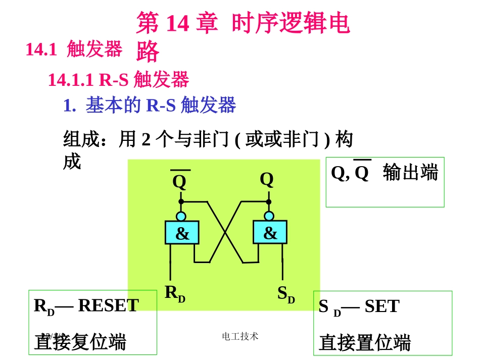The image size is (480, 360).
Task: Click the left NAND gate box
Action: point(182,233)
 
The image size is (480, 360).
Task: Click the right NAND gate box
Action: point(270,232)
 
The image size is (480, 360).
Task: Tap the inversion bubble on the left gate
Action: point(181,216)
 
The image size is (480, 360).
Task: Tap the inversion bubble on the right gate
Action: point(269,216)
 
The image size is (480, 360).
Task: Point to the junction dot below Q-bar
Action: point(181,201)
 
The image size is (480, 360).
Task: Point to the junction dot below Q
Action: point(269,201)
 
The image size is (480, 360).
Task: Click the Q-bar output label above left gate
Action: point(179,181)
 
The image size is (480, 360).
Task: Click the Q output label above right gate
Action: point(267,179)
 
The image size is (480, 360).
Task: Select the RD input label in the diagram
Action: point(175,293)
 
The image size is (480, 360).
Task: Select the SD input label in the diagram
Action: point(286,294)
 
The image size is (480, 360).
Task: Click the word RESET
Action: point(108,305)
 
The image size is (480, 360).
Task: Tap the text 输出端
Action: point(410,173)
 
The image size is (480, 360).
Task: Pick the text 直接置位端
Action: point(365,342)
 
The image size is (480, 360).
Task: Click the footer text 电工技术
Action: point(240,336)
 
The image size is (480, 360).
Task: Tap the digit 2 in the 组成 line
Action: point(146,139)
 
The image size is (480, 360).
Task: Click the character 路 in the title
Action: point(148,52)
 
